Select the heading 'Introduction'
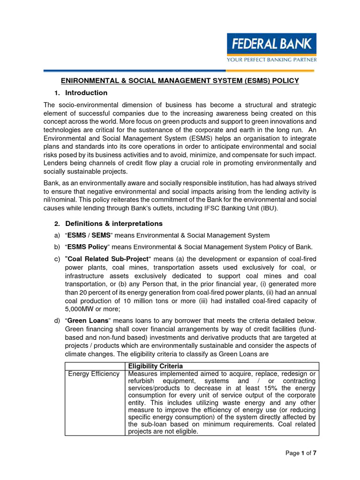(x=86, y=93)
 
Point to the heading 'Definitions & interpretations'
(x=114, y=223)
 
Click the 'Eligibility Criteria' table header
(x=155, y=366)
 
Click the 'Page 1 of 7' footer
(x=301, y=453)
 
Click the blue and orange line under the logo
(x=180, y=71)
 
